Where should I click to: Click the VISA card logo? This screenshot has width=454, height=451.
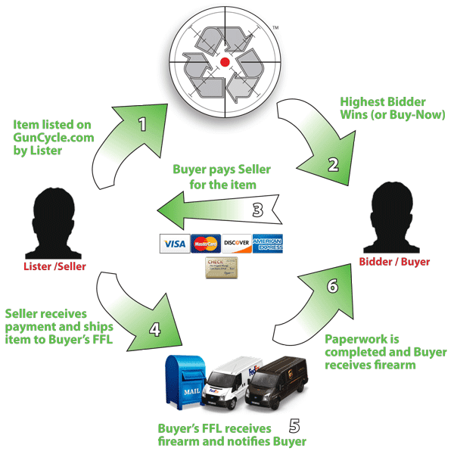[174, 244]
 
